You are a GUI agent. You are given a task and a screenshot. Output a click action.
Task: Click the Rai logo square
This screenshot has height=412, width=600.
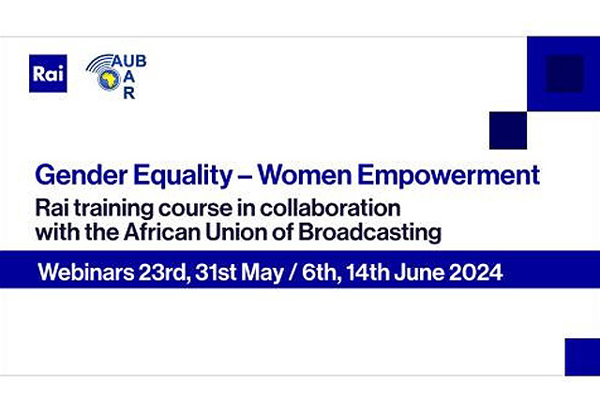coord(48,74)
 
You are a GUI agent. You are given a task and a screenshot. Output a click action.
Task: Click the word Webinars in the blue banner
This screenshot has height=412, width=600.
coord(83,275)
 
